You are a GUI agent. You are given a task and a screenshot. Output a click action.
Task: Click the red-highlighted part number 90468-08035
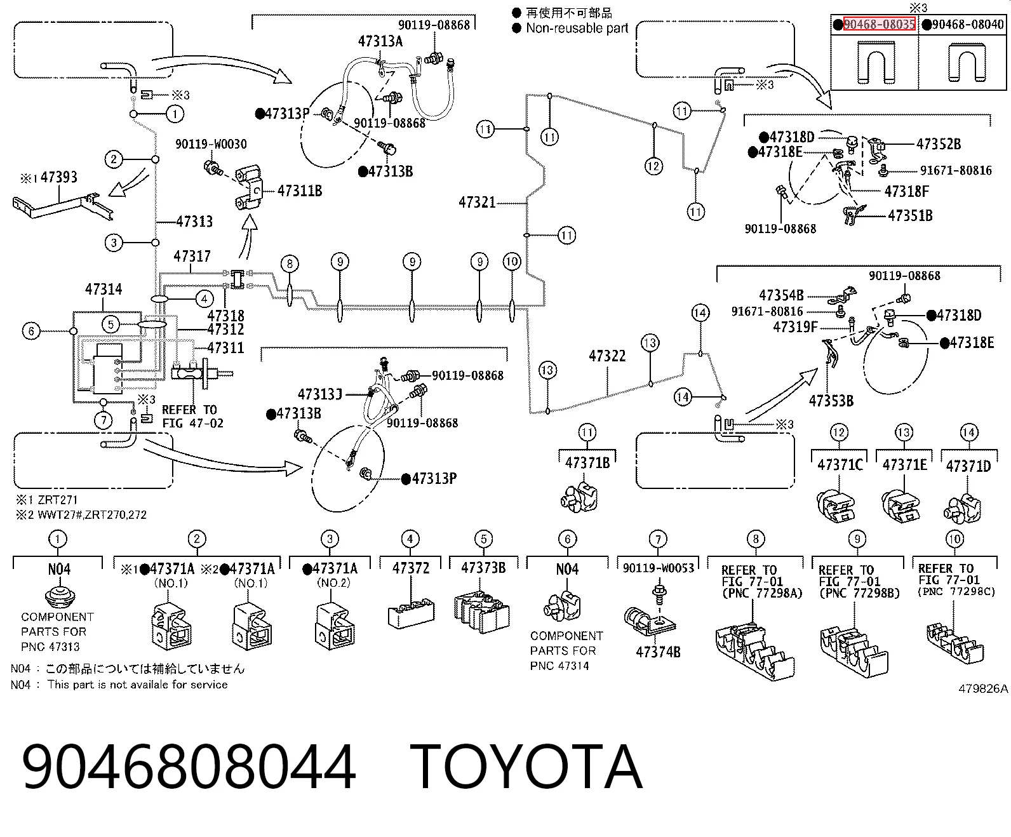point(880,23)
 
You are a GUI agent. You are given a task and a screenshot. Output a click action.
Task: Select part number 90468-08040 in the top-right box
point(968,23)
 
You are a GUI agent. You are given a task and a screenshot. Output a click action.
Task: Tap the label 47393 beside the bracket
point(58,177)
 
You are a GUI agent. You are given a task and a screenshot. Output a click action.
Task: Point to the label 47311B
point(300,191)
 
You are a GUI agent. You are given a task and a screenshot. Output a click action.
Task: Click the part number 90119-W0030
point(211,144)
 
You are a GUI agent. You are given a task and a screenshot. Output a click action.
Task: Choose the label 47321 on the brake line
point(478,202)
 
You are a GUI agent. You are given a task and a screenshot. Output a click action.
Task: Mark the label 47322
point(607,356)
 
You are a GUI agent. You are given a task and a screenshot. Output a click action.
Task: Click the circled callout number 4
point(204,299)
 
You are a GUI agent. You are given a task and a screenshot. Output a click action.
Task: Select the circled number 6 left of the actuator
point(32,331)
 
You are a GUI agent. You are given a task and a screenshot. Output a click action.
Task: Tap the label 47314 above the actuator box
point(104,289)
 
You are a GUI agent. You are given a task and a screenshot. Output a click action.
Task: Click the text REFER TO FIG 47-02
point(192,417)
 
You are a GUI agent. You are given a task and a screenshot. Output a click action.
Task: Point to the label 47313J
point(320,394)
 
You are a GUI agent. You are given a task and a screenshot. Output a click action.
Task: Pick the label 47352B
point(939,144)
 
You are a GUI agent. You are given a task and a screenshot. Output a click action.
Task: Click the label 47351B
point(910,215)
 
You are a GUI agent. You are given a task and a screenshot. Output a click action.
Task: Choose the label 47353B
point(831,401)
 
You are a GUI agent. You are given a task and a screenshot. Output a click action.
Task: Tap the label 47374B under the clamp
point(658,652)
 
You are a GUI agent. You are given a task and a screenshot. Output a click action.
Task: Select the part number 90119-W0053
point(659,568)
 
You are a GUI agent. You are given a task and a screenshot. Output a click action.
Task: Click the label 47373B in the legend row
point(483,568)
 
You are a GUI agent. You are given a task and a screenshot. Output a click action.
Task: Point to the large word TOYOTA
point(526,767)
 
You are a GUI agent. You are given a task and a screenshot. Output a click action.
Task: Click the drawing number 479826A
point(983,689)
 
